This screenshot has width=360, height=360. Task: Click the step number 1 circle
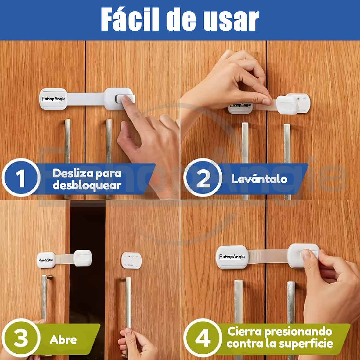pos(21,178)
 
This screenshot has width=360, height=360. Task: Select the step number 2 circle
pos(203,178)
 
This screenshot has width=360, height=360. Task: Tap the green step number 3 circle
pos(21,338)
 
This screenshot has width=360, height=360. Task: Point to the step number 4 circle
pos(203,338)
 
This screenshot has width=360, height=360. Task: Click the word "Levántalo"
pos(259,179)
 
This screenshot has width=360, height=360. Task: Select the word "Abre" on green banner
pos(63,340)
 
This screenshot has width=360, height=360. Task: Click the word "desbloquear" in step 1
pos(87,185)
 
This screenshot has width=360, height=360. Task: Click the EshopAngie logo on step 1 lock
pos(53,99)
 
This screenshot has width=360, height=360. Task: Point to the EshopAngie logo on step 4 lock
pos(232,257)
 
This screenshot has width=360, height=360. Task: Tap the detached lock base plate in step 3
pos(131,261)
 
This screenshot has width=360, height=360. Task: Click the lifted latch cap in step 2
pos(287,105)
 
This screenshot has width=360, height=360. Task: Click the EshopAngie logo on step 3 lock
pos(45,260)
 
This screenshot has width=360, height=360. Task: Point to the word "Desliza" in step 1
pos(73,173)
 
